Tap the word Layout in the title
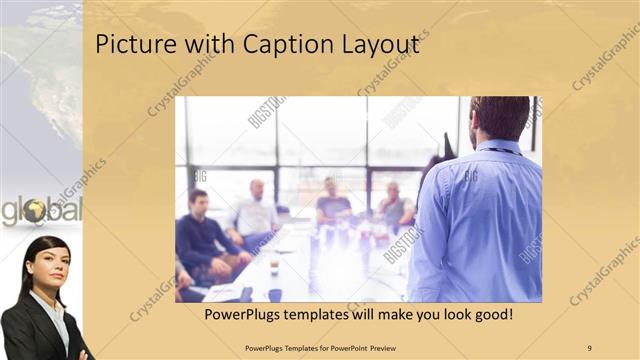(x=375, y=45)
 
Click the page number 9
(x=590, y=347)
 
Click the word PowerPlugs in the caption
(x=249, y=315)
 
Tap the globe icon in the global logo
(x=35, y=211)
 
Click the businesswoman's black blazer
(x=25, y=330)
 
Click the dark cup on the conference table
(x=273, y=268)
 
